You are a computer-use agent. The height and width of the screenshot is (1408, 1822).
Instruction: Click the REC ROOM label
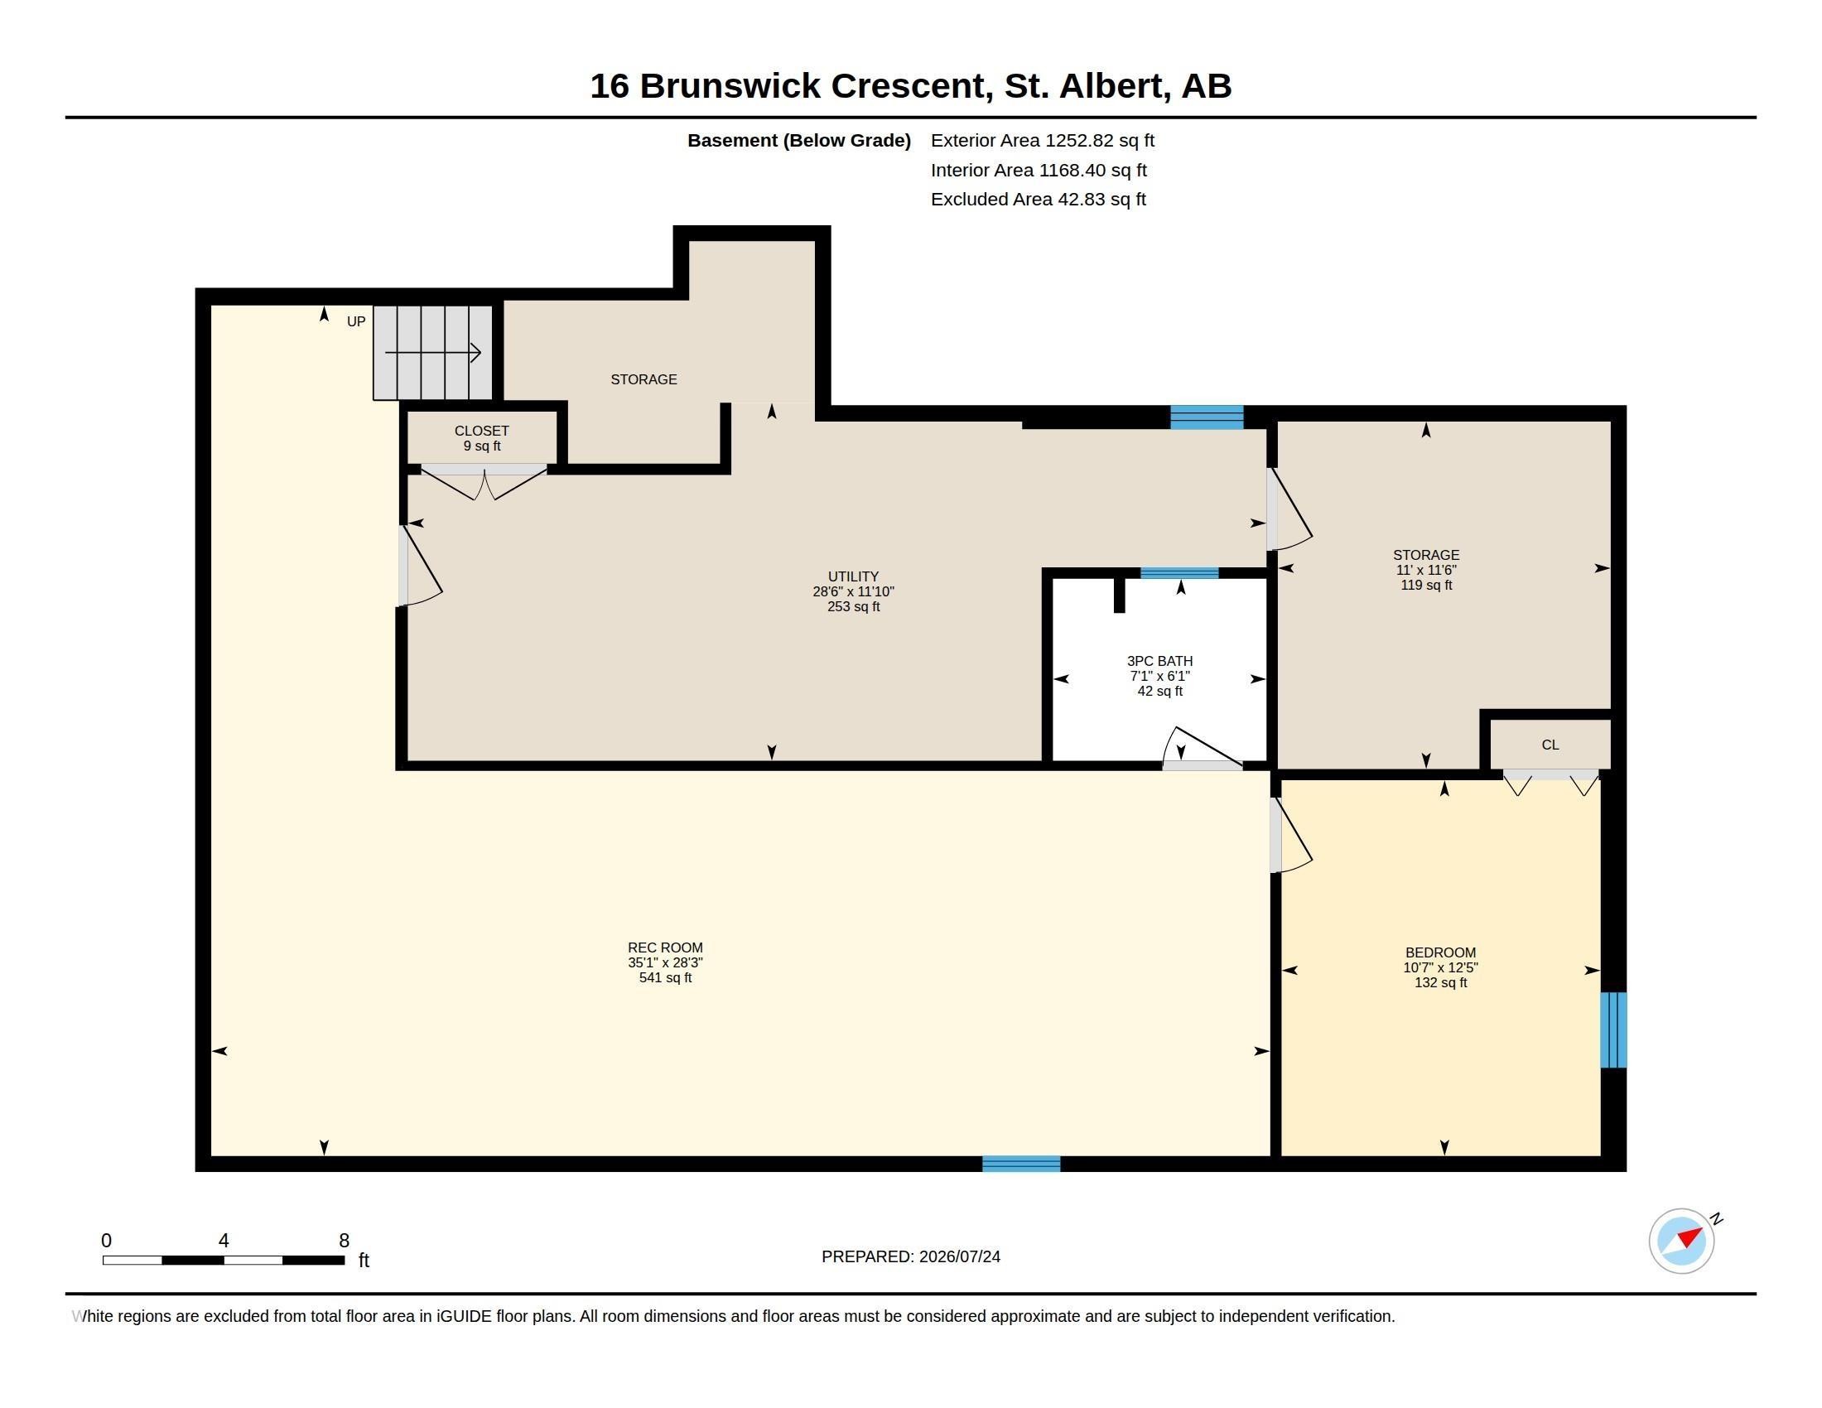coord(665,962)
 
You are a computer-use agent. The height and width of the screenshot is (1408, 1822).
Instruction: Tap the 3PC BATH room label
coord(1159,676)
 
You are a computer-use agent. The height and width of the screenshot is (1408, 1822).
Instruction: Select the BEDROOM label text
coord(1440,967)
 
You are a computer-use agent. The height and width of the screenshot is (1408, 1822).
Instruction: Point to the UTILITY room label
coord(853,591)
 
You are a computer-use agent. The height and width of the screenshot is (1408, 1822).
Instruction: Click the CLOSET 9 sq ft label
coord(481,438)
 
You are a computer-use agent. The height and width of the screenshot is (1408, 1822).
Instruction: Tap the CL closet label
coord(1550,745)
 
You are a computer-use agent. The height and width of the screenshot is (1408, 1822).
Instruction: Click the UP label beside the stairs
coord(356,321)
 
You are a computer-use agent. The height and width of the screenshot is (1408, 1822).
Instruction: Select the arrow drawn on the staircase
coord(433,353)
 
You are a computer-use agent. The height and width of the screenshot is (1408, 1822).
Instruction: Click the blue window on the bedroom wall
coord(1613,1029)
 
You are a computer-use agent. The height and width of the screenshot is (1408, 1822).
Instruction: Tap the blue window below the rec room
coord(1021,1164)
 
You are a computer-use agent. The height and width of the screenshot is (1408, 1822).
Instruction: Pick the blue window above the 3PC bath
coord(1179,573)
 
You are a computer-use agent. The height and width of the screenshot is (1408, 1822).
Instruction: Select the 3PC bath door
coord(1203,748)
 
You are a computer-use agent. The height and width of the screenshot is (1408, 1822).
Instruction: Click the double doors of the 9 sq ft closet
coord(484,482)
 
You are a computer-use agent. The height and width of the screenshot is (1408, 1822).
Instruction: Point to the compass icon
coord(1682,1242)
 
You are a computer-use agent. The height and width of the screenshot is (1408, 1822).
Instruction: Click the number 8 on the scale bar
coord(344,1241)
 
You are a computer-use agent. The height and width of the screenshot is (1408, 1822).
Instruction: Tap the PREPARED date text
coord(911,1256)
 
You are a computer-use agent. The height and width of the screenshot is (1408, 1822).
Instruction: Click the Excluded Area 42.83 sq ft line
coord(1039,200)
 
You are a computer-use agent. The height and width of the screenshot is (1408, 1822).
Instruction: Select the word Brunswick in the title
coord(730,86)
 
